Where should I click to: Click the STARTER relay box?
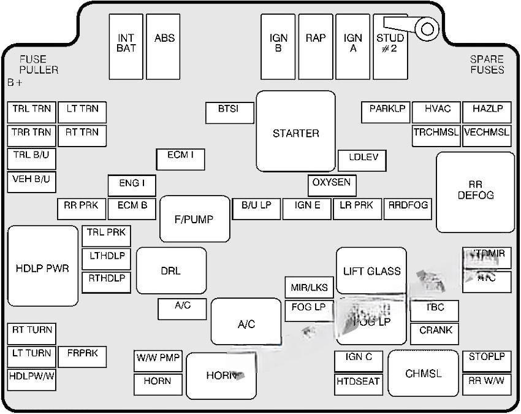pyautogui.click(x=296, y=131)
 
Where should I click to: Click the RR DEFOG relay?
pyautogui.click(x=475, y=192)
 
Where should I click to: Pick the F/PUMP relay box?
pyautogui.click(x=195, y=219)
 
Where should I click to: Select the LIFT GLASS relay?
pyautogui.click(x=371, y=271)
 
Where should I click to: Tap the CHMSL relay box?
pyautogui.click(x=424, y=373)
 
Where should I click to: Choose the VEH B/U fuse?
pyautogui.click(x=31, y=182)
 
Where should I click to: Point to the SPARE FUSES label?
pyautogui.click(x=487, y=64)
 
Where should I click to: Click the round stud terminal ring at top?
pyautogui.click(x=427, y=28)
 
